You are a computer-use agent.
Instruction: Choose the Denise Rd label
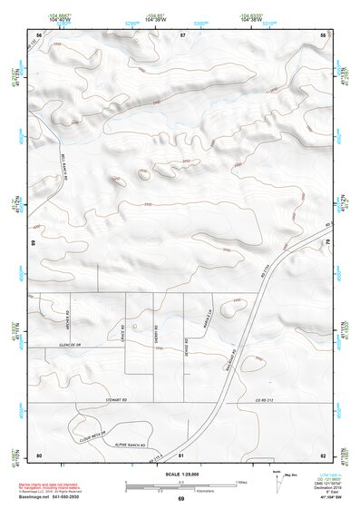click(x=186, y=346)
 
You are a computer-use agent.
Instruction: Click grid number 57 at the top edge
click(x=182, y=34)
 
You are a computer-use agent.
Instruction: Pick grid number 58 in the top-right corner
click(x=323, y=34)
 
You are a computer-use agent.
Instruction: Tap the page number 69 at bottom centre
click(x=181, y=498)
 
